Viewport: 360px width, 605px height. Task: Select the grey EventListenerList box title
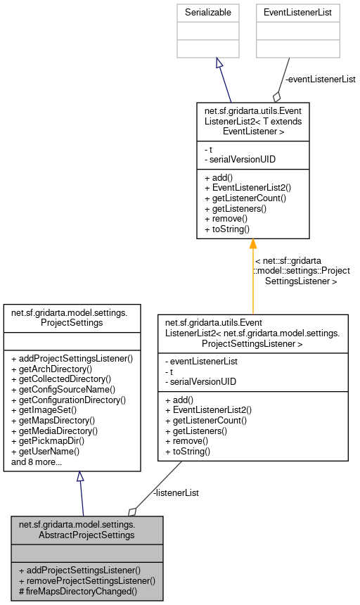(297, 12)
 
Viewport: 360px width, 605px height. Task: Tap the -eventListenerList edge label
(320, 79)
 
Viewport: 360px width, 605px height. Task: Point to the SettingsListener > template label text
(301, 281)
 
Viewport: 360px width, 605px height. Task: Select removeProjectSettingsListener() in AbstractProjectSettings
(86, 581)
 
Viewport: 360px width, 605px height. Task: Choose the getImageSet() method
(44, 410)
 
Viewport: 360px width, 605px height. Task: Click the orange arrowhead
(252, 244)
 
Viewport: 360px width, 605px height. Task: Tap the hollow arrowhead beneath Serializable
(219, 63)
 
